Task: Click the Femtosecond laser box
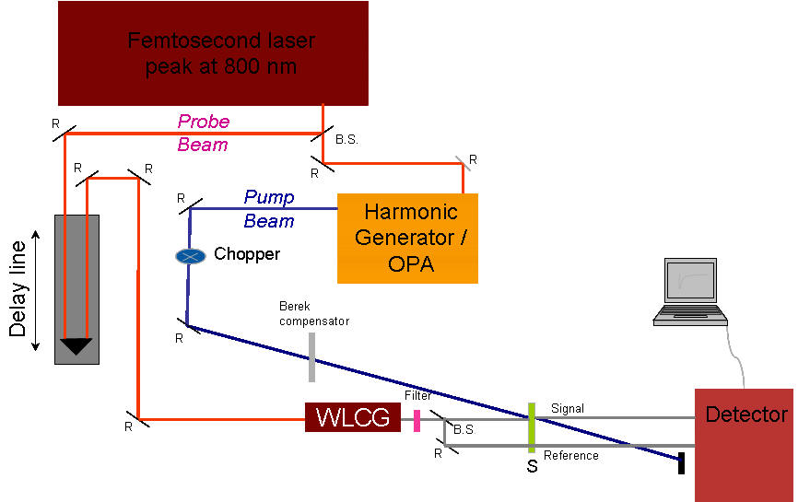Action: (x=213, y=53)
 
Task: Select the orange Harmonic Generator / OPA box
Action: (x=407, y=238)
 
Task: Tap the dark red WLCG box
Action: (x=353, y=417)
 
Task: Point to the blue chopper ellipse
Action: (x=190, y=255)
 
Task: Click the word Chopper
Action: (x=246, y=253)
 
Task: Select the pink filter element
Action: (x=417, y=421)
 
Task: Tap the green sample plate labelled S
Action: (x=531, y=426)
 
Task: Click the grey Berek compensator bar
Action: (x=312, y=357)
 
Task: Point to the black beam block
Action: (x=681, y=462)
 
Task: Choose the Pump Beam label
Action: (x=269, y=209)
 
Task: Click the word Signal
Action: (x=567, y=408)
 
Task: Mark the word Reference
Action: (x=570, y=455)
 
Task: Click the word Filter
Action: (x=417, y=395)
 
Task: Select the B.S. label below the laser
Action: (x=347, y=140)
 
